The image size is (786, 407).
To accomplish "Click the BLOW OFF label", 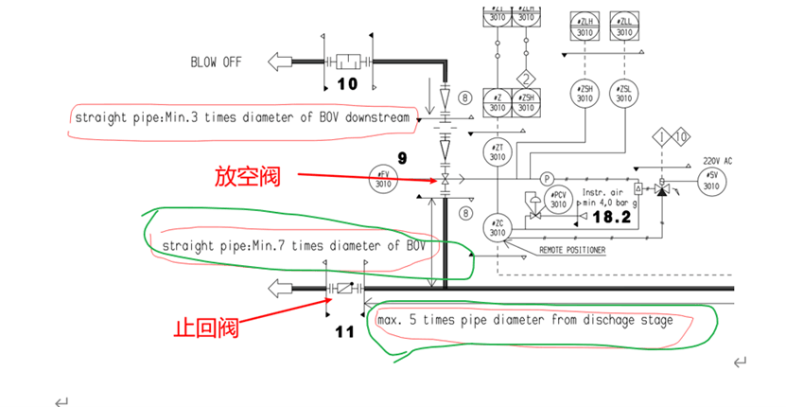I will click(216, 62).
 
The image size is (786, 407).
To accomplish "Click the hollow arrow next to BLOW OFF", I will click(280, 62).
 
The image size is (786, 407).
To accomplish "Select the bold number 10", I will click(348, 83).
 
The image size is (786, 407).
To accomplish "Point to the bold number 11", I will click(344, 332).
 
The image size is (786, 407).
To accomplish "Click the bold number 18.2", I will click(612, 218).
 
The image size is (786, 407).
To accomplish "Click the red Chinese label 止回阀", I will click(204, 328).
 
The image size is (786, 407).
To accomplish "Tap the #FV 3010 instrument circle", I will click(383, 179).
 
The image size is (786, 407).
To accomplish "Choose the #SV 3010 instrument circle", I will click(711, 179).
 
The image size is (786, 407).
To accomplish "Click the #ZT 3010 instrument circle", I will click(498, 150).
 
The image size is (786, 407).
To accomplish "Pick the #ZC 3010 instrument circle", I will click(498, 228).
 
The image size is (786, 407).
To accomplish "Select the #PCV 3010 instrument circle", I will click(560, 200).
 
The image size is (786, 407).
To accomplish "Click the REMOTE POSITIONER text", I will click(571, 250).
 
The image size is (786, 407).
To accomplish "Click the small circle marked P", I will click(546, 179).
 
